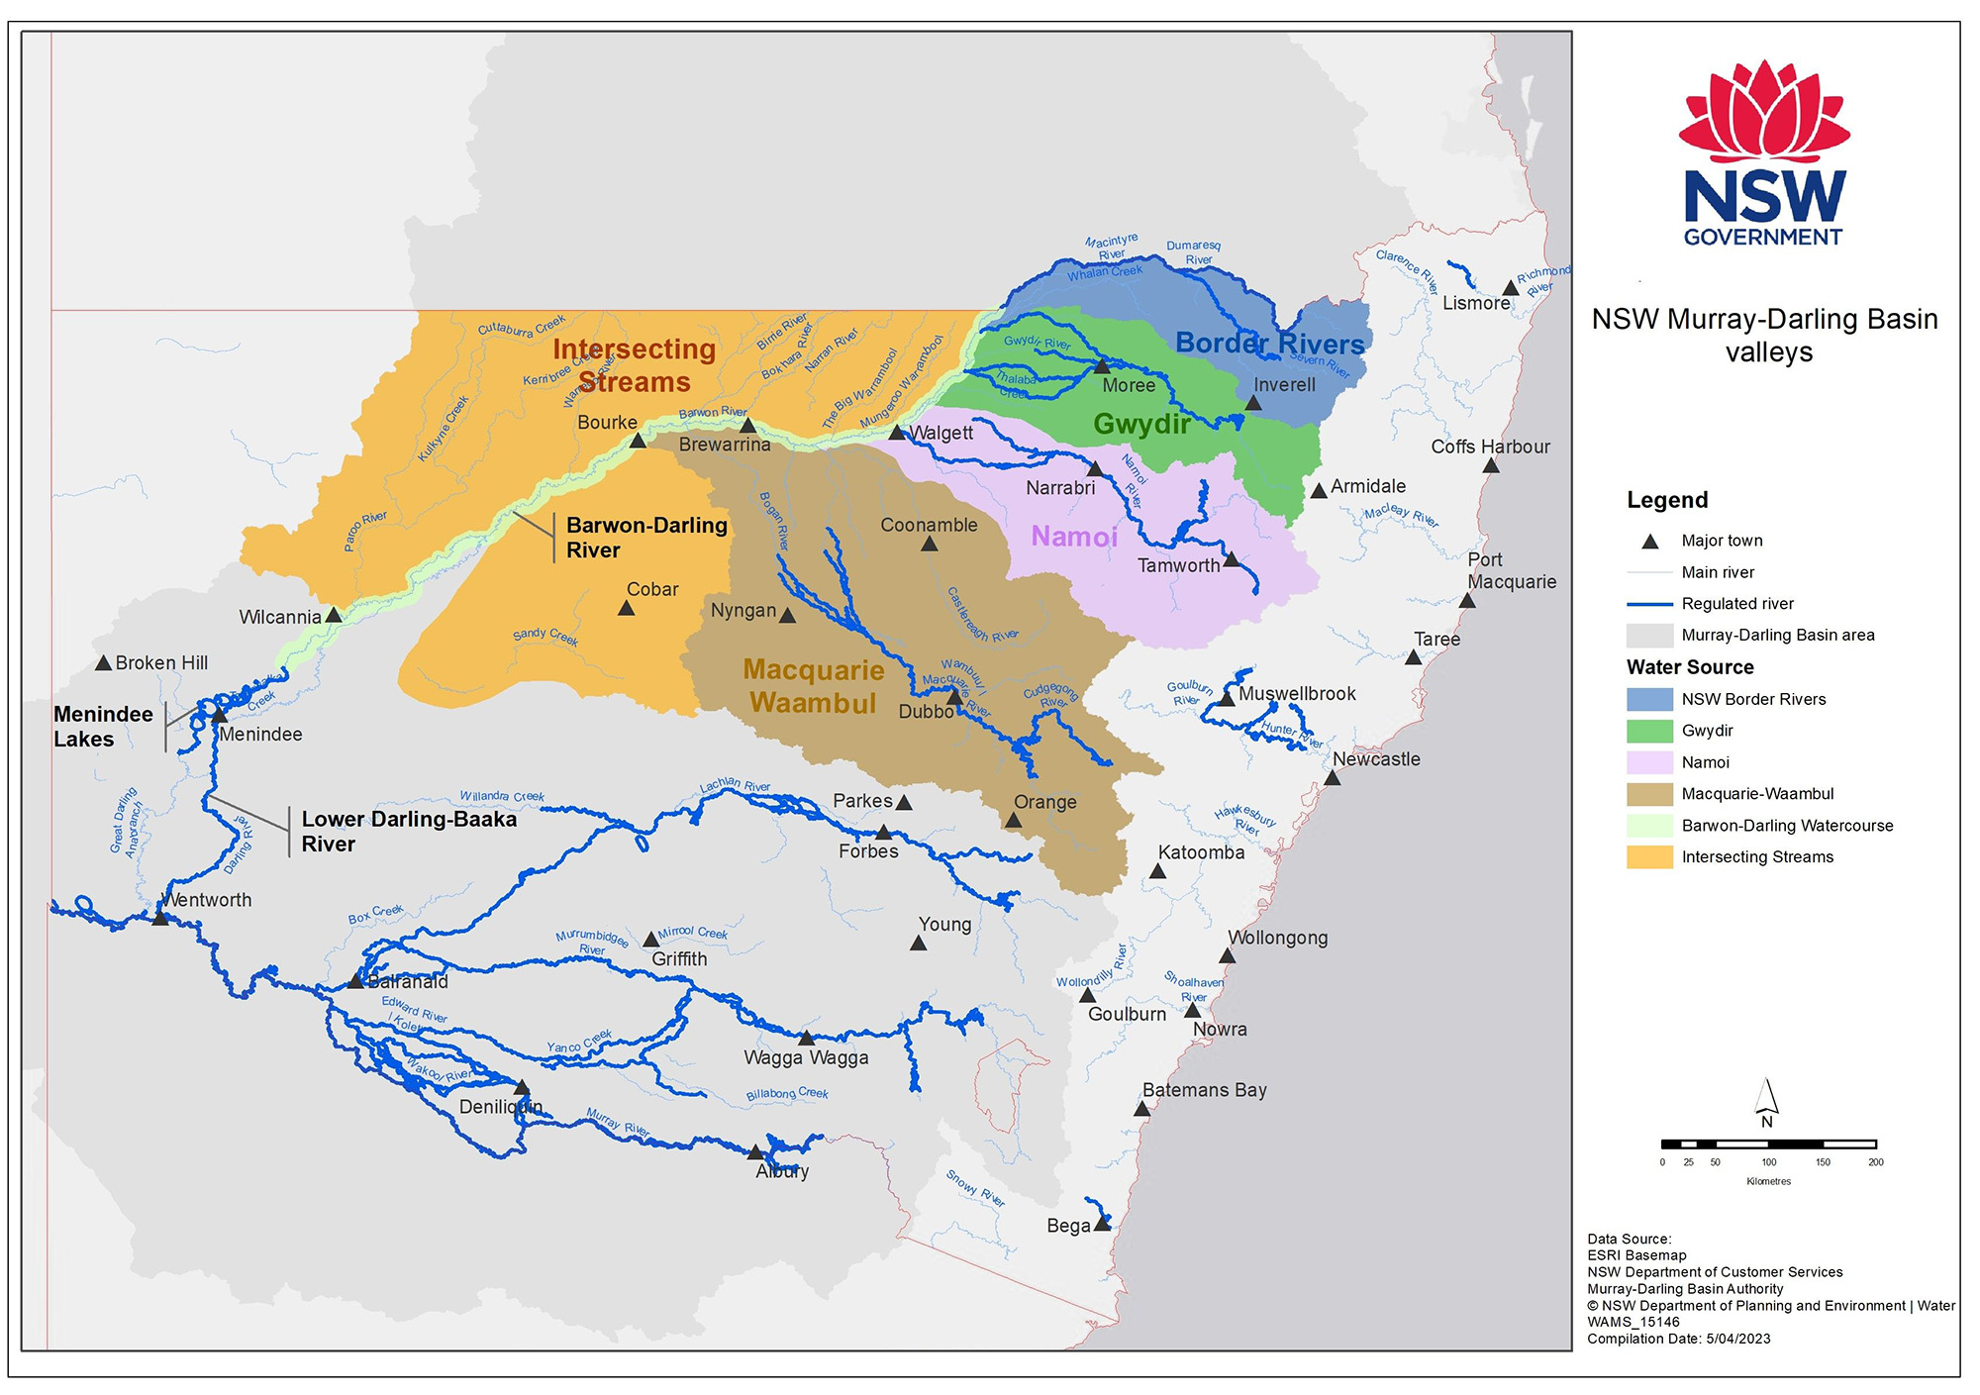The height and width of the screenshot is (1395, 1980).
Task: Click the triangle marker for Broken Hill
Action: [x=103, y=663]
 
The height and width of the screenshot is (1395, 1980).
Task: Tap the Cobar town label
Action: [x=652, y=590]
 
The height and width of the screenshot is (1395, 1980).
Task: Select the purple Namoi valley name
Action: [x=1074, y=537]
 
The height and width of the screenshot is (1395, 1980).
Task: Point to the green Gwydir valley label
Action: [x=1141, y=424]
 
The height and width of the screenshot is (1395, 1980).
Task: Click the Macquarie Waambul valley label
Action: [x=814, y=686]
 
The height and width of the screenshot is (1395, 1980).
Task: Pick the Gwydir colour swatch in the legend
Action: [x=1649, y=731]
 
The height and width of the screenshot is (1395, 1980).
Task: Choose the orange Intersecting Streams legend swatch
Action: [x=1649, y=857]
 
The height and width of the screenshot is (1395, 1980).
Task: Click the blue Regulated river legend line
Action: [x=1649, y=604]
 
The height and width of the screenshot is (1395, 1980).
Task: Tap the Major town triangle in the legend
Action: [x=1649, y=542]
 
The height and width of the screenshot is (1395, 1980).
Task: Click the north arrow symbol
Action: [x=1766, y=1100]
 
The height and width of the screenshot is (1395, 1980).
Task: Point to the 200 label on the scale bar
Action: [x=1875, y=1162]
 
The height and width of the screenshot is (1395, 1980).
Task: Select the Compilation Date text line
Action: [x=1678, y=1339]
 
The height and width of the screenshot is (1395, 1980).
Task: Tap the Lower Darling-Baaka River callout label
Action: [x=409, y=832]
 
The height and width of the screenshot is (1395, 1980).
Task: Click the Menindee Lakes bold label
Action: [x=103, y=727]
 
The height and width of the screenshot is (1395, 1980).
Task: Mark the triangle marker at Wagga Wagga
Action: [x=806, y=1038]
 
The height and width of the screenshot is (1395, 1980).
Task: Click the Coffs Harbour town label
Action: [x=1490, y=448]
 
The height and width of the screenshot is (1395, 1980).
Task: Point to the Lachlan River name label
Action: [x=735, y=785]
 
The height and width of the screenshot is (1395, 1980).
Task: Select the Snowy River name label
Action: [x=975, y=1188]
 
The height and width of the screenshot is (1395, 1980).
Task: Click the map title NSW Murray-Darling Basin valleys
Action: [x=1764, y=336]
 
